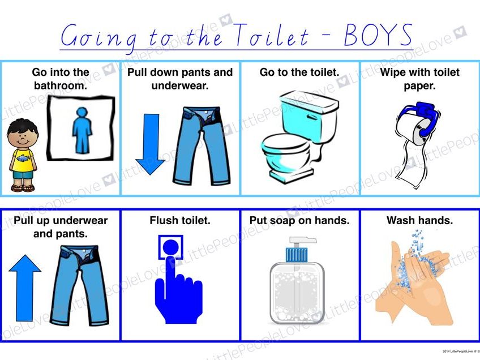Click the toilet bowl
(286, 153)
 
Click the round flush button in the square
(172, 247)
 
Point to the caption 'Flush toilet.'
(179, 221)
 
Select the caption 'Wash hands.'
(419, 221)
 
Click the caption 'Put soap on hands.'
(299, 221)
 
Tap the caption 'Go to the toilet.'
(299, 72)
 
